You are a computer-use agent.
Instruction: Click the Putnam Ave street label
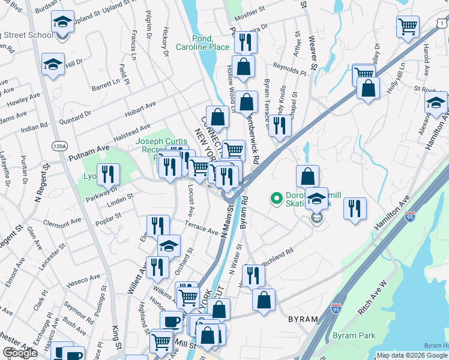tap(88, 152)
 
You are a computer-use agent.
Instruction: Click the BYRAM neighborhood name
tap(303, 319)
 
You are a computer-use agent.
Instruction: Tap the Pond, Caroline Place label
tap(202, 43)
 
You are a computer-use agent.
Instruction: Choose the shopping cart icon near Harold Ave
tap(408, 27)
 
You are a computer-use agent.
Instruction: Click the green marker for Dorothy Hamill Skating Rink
tap(277, 196)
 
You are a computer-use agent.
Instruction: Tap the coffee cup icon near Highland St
tap(171, 322)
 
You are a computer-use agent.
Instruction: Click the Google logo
tap(20, 353)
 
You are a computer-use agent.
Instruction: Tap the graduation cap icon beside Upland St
tap(61, 23)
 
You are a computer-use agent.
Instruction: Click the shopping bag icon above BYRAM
tap(264, 299)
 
